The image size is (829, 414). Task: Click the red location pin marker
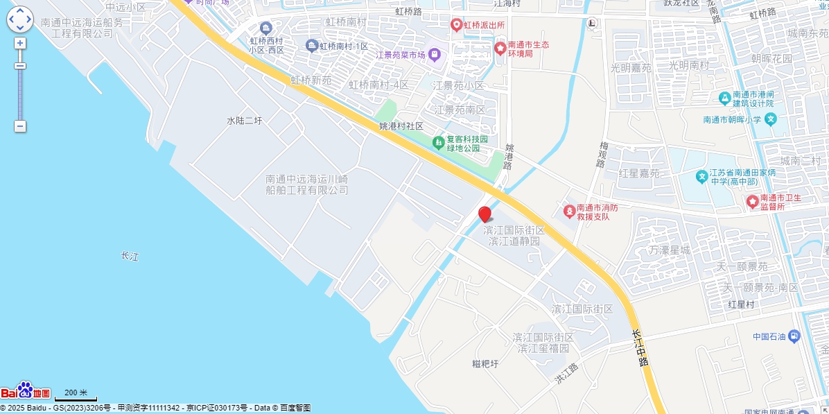(x=485, y=214)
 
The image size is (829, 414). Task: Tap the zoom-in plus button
(x=20, y=43)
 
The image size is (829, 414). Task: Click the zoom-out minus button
(x=20, y=126)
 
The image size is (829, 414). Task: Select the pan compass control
(x=20, y=19)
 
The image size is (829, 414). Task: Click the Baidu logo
(x=26, y=391)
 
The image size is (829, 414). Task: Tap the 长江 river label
(x=130, y=256)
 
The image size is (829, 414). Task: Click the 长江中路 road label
(x=640, y=347)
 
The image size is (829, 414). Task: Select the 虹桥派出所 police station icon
(x=456, y=25)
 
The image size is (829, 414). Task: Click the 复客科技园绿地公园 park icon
(x=438, y=143)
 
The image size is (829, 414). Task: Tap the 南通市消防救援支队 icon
(x=568, y=209)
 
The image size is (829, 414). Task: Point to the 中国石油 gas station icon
(x=794, y=336)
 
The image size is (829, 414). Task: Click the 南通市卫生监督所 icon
(x=752, y=201)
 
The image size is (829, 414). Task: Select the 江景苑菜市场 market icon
(x=434, y=54)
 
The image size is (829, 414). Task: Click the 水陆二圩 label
(x=245, y=121)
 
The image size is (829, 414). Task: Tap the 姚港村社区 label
(x=401, y=126)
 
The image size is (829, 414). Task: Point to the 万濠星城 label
(x=670, y=250)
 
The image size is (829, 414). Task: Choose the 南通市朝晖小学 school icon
(x=771, y=119)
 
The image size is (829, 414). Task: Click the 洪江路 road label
(x=566, y=374)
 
